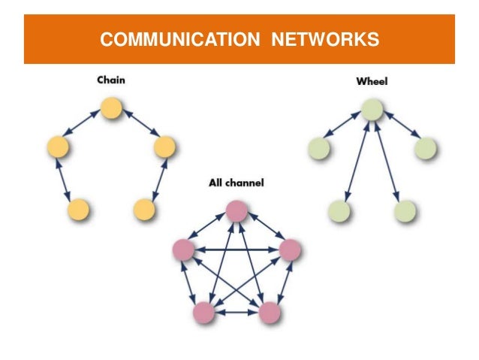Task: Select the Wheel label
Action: pos(371,81)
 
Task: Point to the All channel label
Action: pos(236,183)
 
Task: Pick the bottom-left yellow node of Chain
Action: pos(78,210)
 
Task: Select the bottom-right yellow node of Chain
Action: pos(144,210)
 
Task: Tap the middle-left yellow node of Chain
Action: pos(57,147)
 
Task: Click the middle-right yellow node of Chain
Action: pos(164,147)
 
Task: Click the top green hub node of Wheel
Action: pos(372,110)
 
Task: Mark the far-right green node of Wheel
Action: pos(426,148)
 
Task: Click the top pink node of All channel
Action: pos(236,211)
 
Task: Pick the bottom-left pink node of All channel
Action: pos(203,311)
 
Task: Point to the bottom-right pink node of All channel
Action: pos(269,311)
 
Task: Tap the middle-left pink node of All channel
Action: pos(182,249)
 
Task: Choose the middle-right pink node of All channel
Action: pos(290,249)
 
